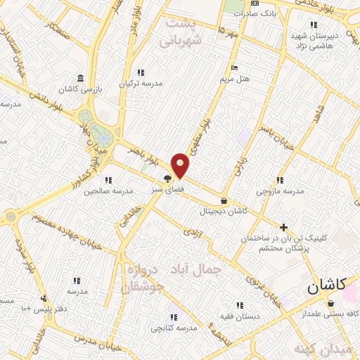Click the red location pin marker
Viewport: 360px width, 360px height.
coord(181,165)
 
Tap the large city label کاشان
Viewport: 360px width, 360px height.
coord(328,287)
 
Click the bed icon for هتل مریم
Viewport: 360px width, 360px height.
coord(234,67)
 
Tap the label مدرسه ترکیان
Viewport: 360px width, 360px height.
coord(141,83)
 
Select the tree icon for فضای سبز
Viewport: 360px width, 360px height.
coord(167,179)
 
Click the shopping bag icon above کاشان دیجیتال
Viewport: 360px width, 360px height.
coord(224,200)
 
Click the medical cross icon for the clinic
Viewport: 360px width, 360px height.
coord(283,227)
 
